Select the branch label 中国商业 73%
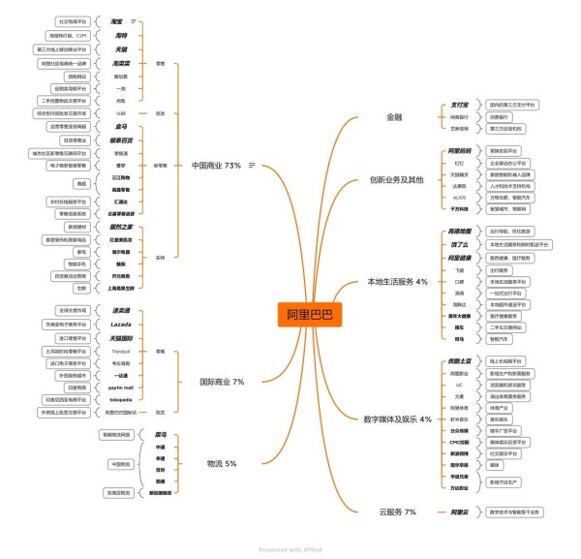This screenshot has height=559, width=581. (217, 166)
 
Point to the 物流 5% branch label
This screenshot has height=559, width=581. (221, 464)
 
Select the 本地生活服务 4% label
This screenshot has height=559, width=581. (396, 282)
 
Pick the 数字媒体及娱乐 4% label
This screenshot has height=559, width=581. (397, 419)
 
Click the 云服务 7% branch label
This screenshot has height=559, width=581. (396, 511)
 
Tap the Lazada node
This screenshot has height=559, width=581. (121, 324)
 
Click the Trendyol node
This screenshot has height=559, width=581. (121, 351)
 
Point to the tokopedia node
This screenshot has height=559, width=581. (121, 399)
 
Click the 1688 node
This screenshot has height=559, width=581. (121, 112)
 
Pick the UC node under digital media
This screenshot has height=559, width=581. (459, 384)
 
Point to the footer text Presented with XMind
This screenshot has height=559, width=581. (290, 549)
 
